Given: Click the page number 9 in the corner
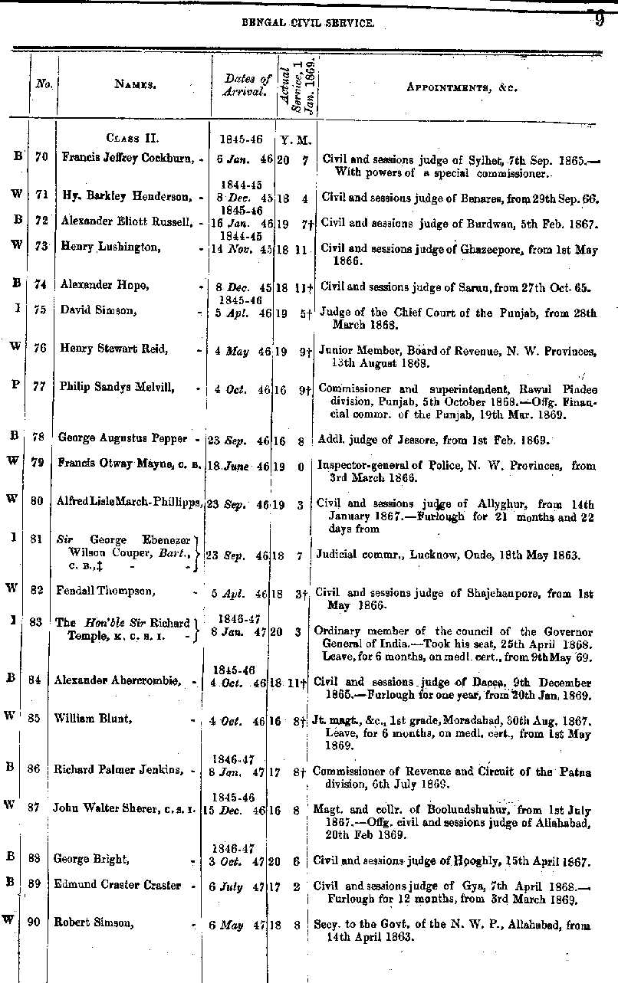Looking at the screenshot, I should [x=599, y=21].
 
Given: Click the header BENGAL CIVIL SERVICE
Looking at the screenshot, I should [x=308, y=24].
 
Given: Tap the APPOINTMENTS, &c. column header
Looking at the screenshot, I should [x=462, y=87].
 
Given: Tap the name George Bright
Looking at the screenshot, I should [x=84, y=860].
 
